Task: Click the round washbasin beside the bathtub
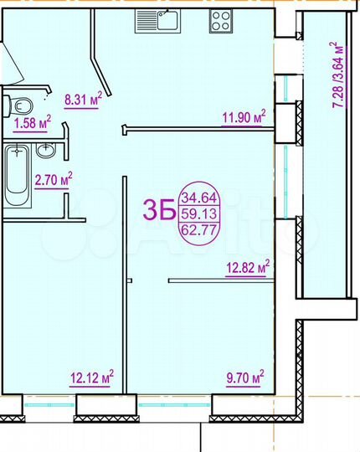[x=48, y=151]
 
